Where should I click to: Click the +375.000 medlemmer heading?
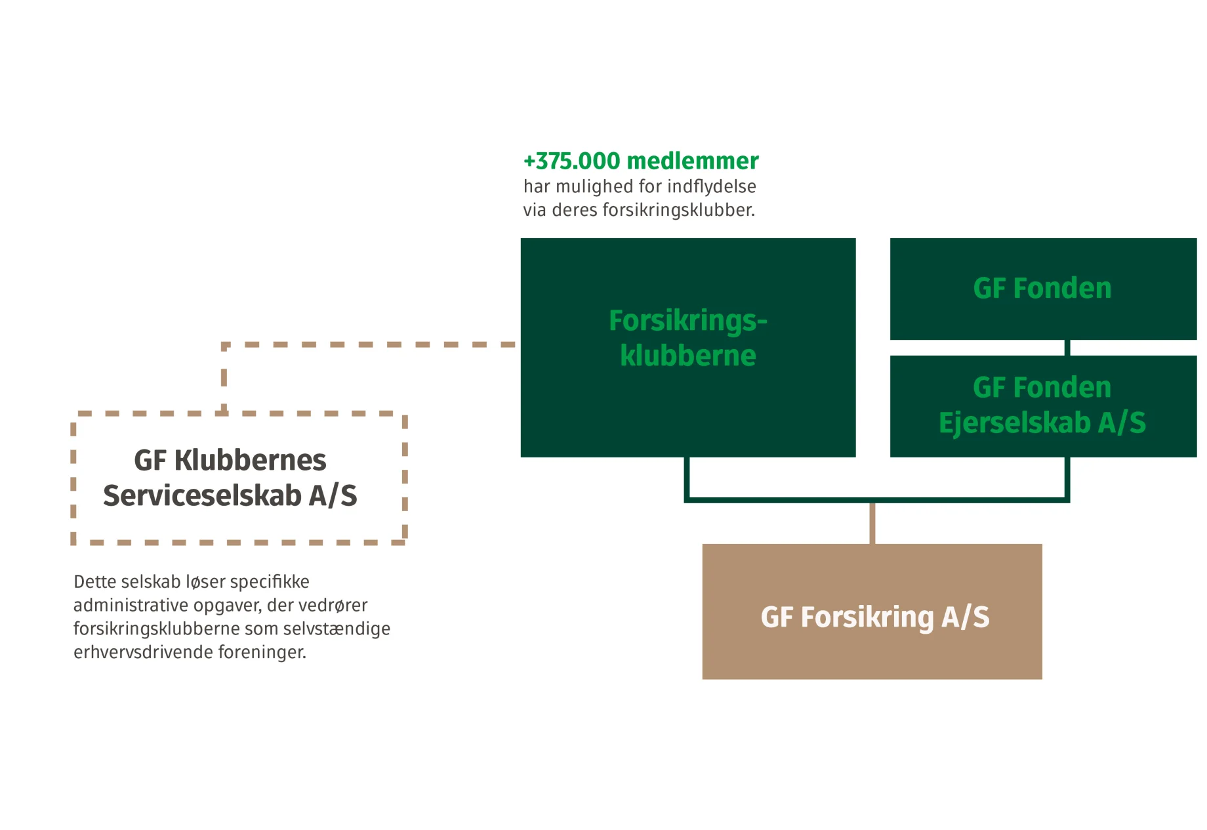(x=640, y=161)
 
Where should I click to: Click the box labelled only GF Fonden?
(x=1042, y=289)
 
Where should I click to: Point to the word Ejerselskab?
(x=1014, y=423)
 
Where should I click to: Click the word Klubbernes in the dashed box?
(x=250, y=461)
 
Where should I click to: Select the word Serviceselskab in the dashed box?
(x=202, y=496)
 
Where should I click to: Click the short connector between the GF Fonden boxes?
(x=1067, y=348)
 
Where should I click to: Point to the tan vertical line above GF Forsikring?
(x=872, y=524)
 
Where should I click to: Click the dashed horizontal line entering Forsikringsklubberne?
(x=394, y=344)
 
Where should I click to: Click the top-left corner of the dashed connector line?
(x=224, y=345)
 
